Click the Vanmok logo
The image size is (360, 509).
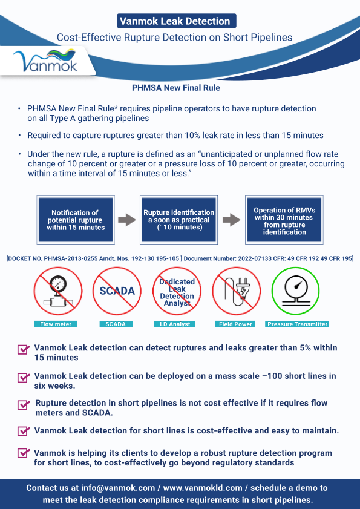(45, 61)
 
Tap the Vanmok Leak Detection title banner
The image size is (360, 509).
(176, 21)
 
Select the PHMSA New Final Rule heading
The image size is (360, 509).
(176, 88)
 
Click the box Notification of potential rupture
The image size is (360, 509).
(76, 220)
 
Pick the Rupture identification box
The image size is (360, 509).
(179, 220)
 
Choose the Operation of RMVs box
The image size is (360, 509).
(284, 220)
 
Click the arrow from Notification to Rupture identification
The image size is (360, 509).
(127, 220)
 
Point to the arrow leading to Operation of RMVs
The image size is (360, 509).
(232, 220)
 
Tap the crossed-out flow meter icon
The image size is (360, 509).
(58, 291)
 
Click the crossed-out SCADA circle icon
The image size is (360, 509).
(117, 291)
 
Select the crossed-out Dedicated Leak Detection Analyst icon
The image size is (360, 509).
(177, 291)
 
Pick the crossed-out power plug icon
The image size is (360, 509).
(237, 291)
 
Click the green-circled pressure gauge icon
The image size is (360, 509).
(296, 291)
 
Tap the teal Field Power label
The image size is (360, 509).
(235, 324)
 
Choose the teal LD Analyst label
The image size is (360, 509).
(175, 324)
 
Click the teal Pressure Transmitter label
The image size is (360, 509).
(296, 324)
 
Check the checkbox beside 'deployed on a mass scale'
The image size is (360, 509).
(23, 378)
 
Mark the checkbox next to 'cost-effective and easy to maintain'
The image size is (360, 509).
(23, 431)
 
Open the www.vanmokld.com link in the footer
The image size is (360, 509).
(203, 488)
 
